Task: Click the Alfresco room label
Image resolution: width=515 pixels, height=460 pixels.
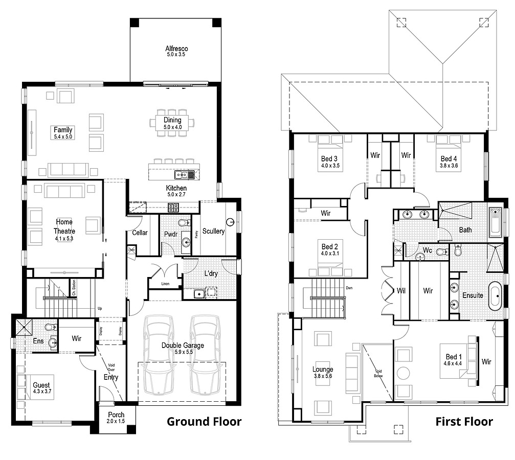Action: tap(176, 48)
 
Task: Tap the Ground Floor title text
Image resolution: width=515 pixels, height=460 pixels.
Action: tap(204, 421)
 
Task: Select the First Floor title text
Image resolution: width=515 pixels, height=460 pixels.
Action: tap(464, 421)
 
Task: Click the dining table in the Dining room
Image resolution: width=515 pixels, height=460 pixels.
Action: tap(172, 123)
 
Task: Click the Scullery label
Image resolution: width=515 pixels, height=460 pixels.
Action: tap(213, 231)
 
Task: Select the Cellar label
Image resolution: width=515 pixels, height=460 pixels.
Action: tap(140, 233)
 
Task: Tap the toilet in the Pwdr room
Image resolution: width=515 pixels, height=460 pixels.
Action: tap(184, 223)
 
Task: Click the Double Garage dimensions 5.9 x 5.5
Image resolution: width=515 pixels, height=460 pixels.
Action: tap(183, 352)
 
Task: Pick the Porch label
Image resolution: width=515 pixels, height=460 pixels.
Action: tap(116, 415)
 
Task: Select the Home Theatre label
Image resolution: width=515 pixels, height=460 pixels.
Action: tap(64, 226)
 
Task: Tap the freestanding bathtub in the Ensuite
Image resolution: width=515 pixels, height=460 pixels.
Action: tap(494, 295)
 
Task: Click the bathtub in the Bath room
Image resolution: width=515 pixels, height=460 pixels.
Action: tap(495, 222)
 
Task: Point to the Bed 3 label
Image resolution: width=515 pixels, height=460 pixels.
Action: tap(329, 159)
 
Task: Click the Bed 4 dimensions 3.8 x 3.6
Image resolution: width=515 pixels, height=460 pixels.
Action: tap(450, 166)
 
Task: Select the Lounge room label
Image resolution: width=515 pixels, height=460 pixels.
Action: tap(323, 369)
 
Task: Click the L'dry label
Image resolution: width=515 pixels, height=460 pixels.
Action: tap(211, 273)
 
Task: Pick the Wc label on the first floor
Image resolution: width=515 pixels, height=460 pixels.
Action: tap(428, 250)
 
